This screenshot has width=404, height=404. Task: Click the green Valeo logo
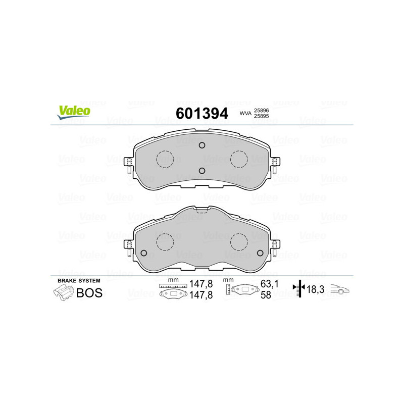74,112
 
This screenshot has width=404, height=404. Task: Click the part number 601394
202,113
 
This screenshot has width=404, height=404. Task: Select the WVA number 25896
261,110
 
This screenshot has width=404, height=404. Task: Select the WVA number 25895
261,116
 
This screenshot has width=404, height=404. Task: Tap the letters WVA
245,113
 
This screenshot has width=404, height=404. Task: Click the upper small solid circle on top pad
202,145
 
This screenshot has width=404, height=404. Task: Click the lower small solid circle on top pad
202,171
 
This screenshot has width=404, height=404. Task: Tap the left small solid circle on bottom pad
144,253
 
